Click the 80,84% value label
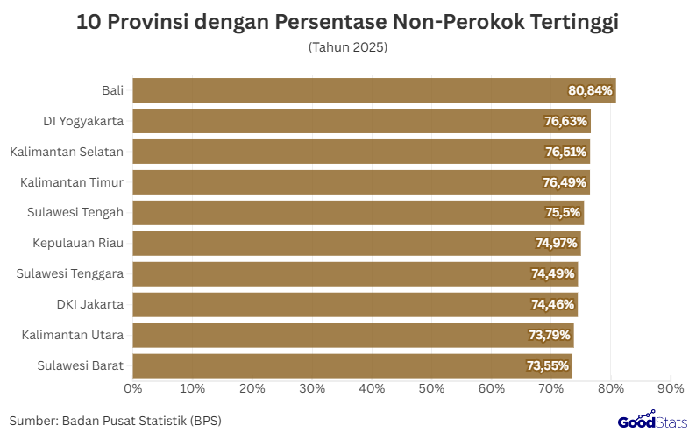click(590, 90)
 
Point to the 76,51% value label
click(565, 152)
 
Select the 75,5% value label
click(562, 213)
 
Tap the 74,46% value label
click(553, 305)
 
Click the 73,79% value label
click(549, 335)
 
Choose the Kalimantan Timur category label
click(72, 182)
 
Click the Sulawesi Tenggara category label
click(70, 274)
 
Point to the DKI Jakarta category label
click(89, 305)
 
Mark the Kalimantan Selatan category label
click(67, 152)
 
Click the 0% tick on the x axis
click(133, 387)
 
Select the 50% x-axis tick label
click(431, 387)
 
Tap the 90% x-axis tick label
click(670, 387)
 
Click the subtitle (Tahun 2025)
click(348, 46)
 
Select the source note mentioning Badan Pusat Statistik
click(116, 421)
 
